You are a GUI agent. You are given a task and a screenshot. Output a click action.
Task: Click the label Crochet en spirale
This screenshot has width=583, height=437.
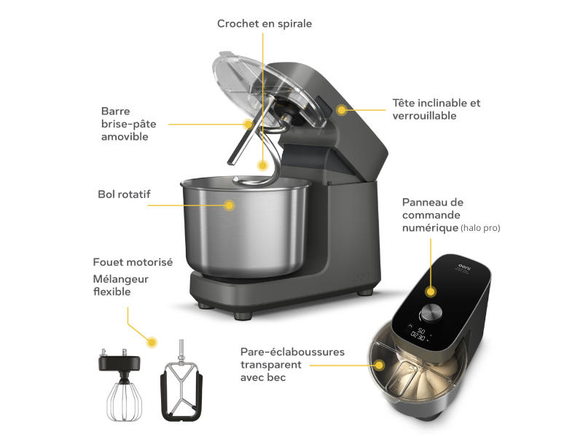(265, 24)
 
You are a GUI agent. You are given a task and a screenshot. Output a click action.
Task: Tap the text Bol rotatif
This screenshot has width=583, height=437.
(124, 194)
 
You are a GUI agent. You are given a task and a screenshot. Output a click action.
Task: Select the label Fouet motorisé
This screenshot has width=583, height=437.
(133, 262)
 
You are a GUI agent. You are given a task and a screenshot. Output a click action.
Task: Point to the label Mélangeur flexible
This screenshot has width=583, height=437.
(120, 286)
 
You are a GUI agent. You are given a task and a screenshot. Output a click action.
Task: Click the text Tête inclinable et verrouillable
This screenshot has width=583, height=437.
(437, 109)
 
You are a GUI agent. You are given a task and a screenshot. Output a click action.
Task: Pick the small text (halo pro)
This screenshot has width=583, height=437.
(480, 228)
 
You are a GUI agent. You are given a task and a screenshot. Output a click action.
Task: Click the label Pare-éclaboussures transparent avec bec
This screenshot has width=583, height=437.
(292, 365)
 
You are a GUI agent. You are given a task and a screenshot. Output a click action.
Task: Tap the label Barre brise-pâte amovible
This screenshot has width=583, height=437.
(129, 124)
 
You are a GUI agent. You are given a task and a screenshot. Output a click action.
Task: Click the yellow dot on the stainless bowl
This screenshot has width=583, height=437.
(230, 205)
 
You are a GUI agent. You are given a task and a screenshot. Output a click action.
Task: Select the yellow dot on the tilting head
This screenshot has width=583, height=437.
(341, 110)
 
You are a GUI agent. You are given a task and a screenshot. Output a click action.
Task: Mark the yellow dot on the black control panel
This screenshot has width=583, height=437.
(431, 292)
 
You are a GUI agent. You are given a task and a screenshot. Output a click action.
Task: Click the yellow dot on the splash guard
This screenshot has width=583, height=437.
(379, 366)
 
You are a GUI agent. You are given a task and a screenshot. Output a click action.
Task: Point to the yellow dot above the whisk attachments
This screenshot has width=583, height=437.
(152, 342)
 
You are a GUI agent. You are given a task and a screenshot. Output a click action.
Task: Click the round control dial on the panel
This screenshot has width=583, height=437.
(431, 313)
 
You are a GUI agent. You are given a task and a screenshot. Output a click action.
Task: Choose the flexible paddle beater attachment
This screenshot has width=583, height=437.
(181, 383)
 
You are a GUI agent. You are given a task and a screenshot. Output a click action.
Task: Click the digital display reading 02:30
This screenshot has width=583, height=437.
(418, 336)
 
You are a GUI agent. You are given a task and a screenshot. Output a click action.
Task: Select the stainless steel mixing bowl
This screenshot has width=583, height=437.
(246, 227)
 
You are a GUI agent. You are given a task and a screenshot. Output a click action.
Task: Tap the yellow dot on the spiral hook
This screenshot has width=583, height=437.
(263, 165)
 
